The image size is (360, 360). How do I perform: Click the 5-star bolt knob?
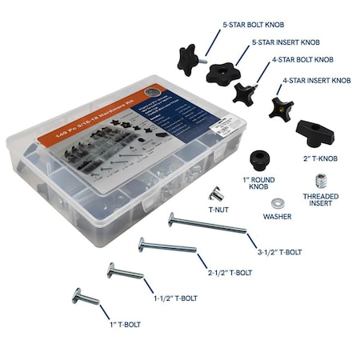[x=187, y=57]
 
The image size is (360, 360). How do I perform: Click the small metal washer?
[x=280, y=202]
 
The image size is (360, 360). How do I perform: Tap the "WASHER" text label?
[x=279, y=217]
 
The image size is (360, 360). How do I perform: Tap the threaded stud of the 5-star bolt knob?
[x=203, y=58]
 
